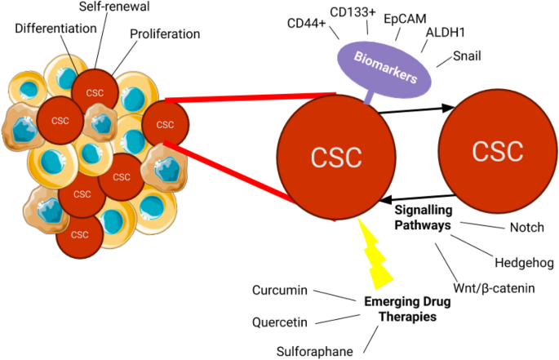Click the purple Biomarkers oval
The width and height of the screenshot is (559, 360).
[384, 69]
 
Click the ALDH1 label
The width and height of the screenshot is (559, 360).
[446, 33]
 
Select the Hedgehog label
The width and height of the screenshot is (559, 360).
[524, 262]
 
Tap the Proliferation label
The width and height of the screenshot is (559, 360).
[165, 35]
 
